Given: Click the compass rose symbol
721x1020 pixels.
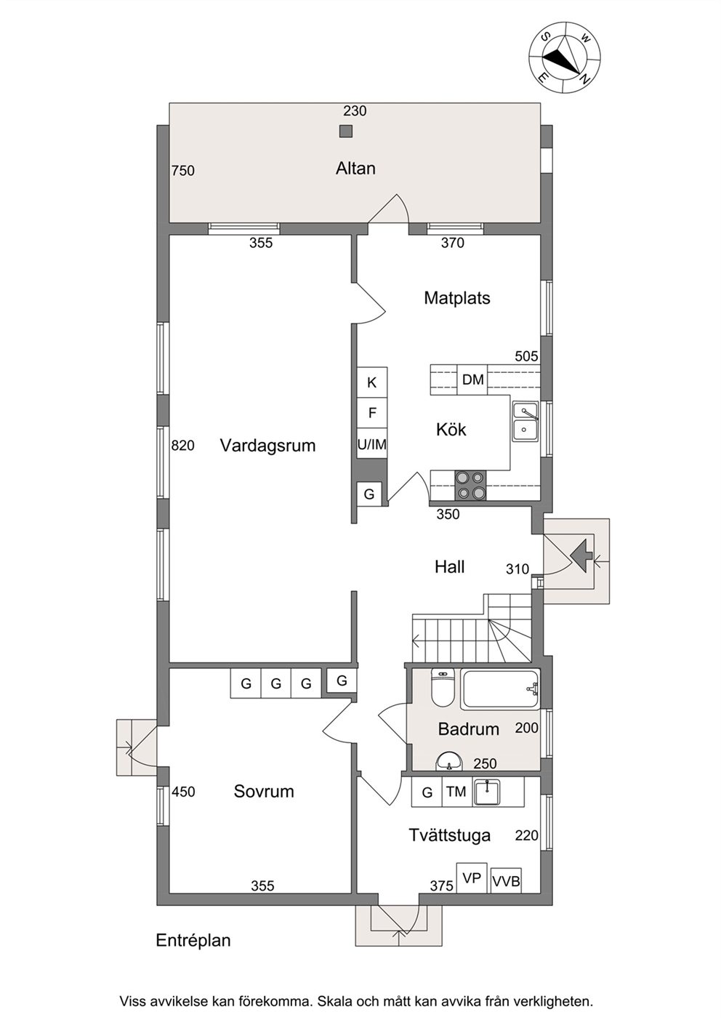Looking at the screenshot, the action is pos(565,57).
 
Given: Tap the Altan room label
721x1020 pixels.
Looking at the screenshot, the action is pos(355,169).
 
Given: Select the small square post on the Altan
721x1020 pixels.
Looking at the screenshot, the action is pos(346,131).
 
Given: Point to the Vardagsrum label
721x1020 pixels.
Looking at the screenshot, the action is pos(267,445).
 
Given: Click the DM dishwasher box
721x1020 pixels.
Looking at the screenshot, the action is pos(472,380).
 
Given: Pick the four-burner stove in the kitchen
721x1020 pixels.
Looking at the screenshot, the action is pos(470,486).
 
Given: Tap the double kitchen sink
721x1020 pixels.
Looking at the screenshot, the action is pos(525,421).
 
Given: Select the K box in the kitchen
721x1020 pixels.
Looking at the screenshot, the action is pos(372,382).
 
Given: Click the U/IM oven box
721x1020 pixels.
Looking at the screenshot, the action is pos(372,444).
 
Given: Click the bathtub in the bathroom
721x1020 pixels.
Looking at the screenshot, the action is pos(500,689).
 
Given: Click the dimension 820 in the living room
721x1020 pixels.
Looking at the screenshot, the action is pos(182,445).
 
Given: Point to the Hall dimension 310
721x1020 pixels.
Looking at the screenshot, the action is pos(517,569).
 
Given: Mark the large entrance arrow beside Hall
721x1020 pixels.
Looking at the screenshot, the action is pos(580,555).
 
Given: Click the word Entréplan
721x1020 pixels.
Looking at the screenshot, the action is pos(193,940).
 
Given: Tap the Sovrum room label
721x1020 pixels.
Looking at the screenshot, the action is pos(264,792).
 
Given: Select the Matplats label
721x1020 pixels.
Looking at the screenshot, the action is pos(457,298).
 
